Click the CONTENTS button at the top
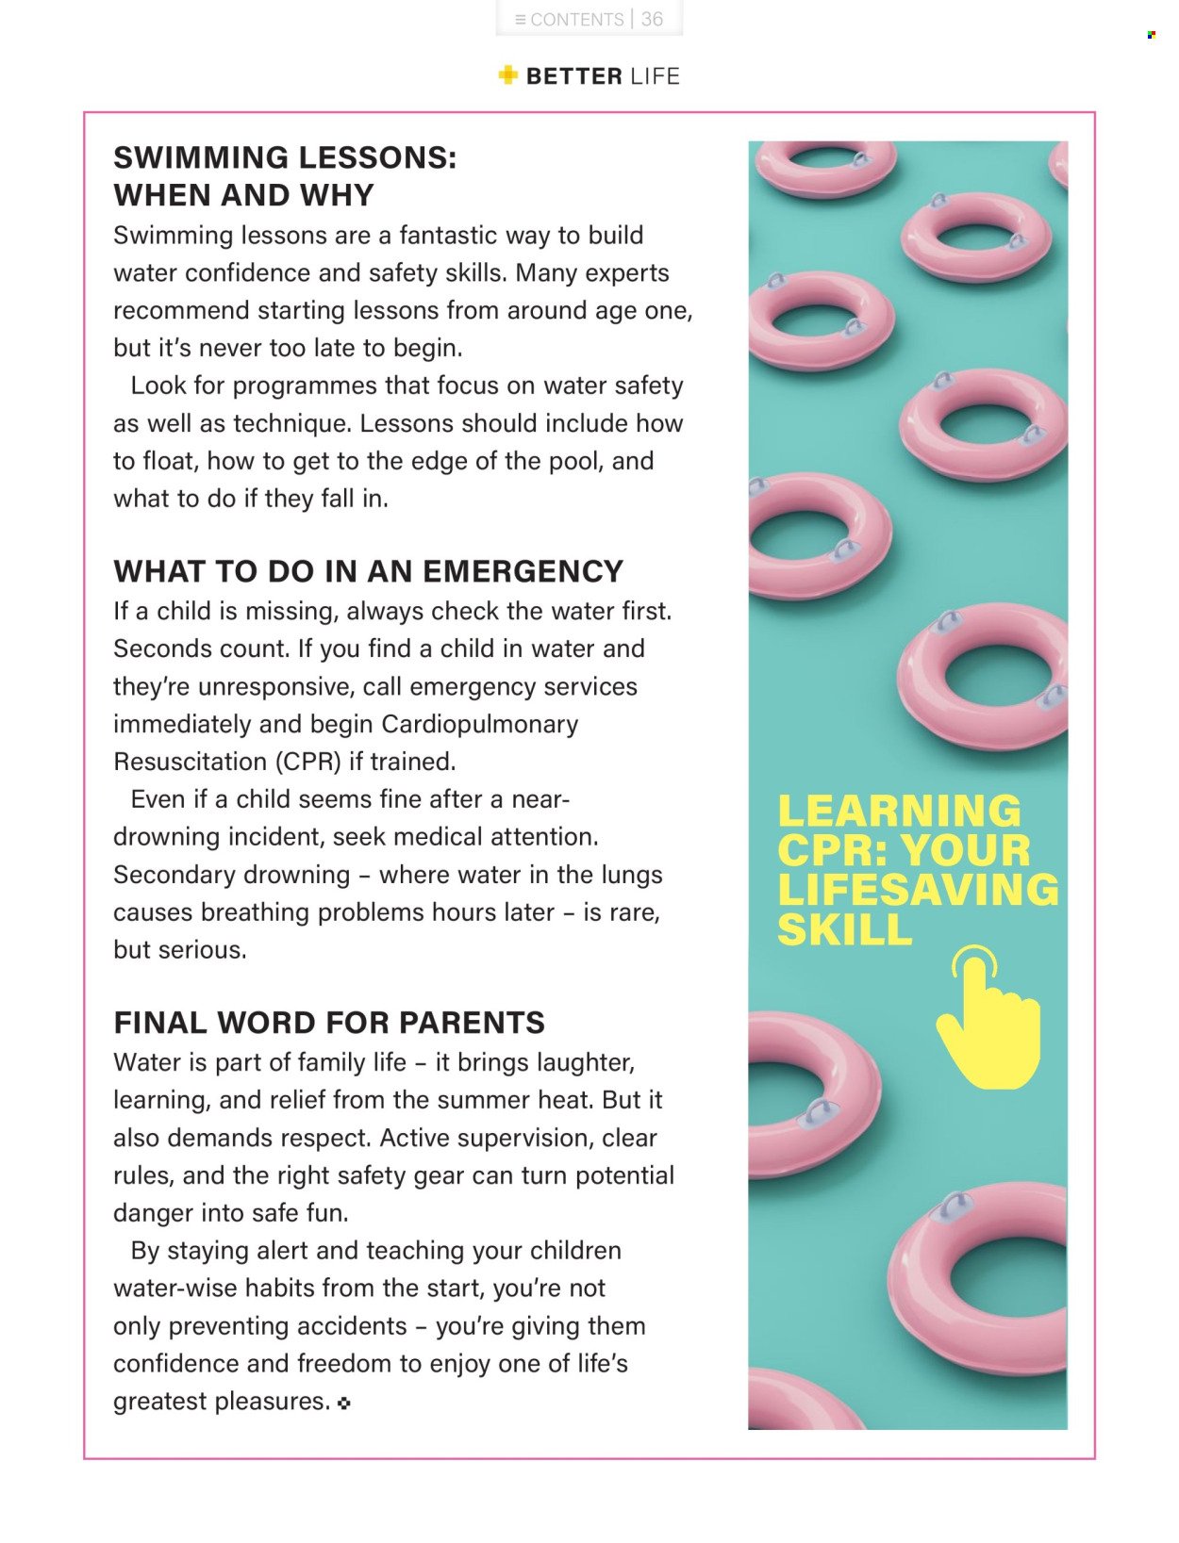click(569, 20)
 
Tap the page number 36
click(652, 20)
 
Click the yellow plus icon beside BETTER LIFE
click(508, 75)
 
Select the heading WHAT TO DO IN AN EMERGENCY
click(368, 571)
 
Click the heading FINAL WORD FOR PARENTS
click(329, 1023)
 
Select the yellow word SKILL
click(844, 930)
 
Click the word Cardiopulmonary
click(479, 724)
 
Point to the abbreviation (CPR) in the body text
click(307, 762)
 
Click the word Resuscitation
click(190, 762)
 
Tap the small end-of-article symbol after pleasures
click(344, 1403)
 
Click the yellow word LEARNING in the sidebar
click(899, 812)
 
